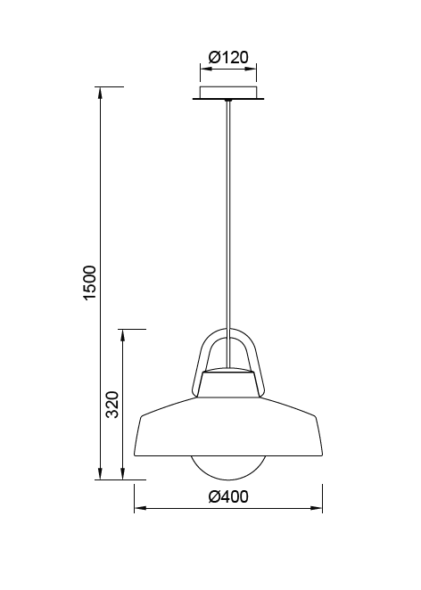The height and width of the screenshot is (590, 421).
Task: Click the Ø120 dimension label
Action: click(227, 58)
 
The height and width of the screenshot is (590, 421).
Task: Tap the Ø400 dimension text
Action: click(227, 496)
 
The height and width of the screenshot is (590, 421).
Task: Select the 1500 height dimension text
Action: click(89, 283)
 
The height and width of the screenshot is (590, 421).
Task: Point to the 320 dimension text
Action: click(113, 404)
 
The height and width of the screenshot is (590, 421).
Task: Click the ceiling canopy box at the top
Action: click(228, 92)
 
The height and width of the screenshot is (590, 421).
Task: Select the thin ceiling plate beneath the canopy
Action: click(228, 100)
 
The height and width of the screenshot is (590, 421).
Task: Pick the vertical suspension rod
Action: click(228, 223)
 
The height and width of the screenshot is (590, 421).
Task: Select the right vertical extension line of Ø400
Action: click(322, 495)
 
